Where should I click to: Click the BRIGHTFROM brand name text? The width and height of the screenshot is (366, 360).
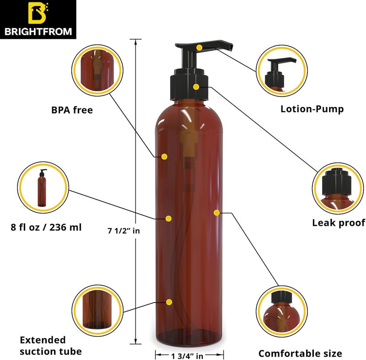coord(38,33)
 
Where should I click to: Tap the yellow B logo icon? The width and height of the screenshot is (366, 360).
coord(38,14)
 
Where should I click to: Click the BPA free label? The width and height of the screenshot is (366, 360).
coord(72,110)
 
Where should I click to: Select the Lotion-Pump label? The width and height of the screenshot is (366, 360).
coord(312,109)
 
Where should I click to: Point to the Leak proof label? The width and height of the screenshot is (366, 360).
coord(339,223)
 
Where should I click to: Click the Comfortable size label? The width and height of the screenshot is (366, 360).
coord(300,353)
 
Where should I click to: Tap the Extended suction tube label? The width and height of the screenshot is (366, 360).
coord(50,346)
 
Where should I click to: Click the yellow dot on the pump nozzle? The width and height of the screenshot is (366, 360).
coord(199,47)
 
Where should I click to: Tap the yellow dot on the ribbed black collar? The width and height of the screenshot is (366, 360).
coord(196,87)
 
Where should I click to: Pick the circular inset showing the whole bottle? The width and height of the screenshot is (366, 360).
coord(42,187)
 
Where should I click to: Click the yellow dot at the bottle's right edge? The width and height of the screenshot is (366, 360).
coord(216,212)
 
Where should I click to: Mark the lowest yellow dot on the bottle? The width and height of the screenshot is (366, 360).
coord(170,302)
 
